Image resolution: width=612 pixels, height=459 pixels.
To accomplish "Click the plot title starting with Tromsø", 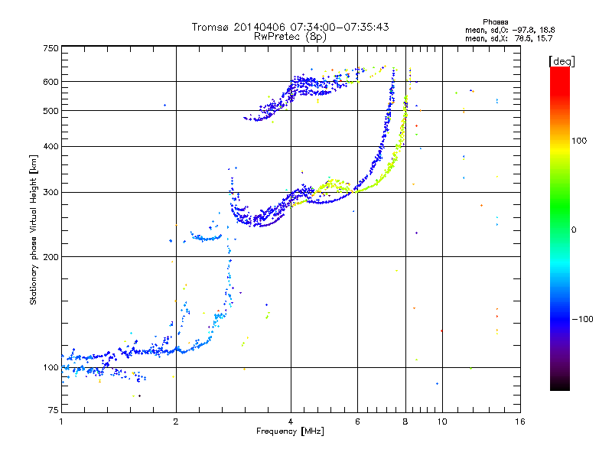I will [x=290, y=27].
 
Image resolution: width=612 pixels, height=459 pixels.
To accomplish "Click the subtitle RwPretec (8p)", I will [x=290, y=36].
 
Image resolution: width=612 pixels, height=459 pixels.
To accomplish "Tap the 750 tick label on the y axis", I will [x=50, y=47].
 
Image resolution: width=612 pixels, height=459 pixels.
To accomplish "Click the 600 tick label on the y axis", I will [x=50, y=81].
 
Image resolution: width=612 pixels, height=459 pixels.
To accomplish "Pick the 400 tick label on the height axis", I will [x=50, y=146].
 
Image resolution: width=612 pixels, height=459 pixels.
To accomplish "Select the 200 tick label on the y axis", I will [x=50, y=256].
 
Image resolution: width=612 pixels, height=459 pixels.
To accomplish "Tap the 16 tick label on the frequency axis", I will [x=520, y=422].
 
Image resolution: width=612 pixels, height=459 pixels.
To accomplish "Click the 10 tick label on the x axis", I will [x=441, y=422].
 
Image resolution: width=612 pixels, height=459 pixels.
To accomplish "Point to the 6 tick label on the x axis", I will [x=357, y=422].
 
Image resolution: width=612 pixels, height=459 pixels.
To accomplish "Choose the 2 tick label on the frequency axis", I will [x=176, y=422].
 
